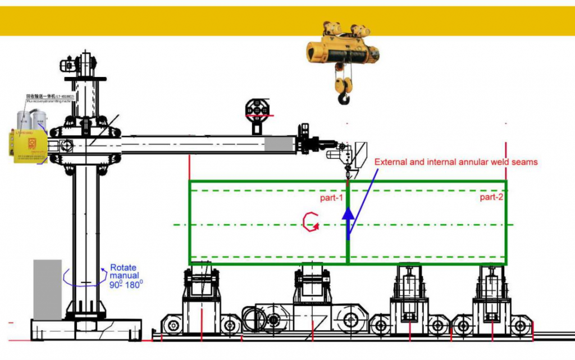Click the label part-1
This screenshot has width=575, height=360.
pos(331,198)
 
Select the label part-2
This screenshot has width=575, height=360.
pos(491,197)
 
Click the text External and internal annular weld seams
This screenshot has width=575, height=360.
pos(456,162)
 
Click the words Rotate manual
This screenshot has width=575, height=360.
pos(124,272)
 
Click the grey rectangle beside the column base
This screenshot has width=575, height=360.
pos(47,289)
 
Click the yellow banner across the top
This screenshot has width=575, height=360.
pos(287,21)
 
